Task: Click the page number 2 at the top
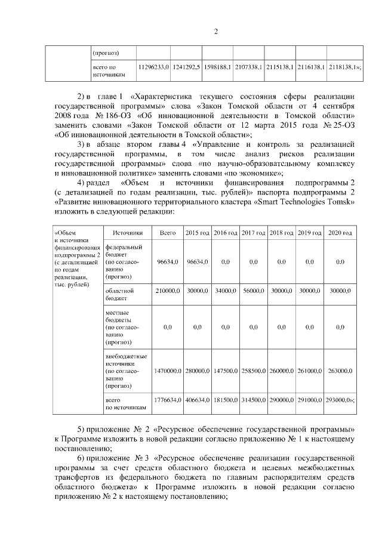pos(215,32)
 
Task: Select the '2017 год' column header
pos(254,232)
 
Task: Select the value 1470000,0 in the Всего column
pos(168,371)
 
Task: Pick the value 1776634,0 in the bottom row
pos(168,400)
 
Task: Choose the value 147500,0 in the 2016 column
pos(226,371)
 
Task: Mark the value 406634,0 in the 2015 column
pos(197,400)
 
